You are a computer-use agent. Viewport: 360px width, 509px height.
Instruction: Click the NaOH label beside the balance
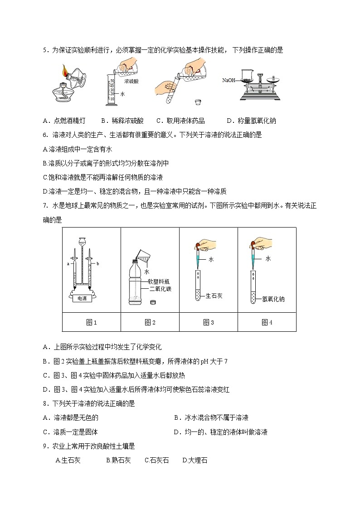(229, 80)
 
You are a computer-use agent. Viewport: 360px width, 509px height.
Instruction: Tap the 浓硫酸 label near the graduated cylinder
(132, 81)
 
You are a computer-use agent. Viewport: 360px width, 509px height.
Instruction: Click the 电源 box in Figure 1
(82, 298)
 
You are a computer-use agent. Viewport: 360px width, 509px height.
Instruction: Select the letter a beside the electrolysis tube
(68, 263)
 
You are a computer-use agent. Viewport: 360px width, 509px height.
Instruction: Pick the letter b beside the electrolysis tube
(98, 263)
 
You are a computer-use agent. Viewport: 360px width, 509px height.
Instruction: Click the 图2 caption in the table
(150, 322)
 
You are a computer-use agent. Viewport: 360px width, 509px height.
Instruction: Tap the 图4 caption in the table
(267, 322)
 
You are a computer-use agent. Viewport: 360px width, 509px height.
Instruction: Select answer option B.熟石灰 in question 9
(118, 460)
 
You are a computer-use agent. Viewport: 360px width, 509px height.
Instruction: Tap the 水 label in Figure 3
(211, 260)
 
